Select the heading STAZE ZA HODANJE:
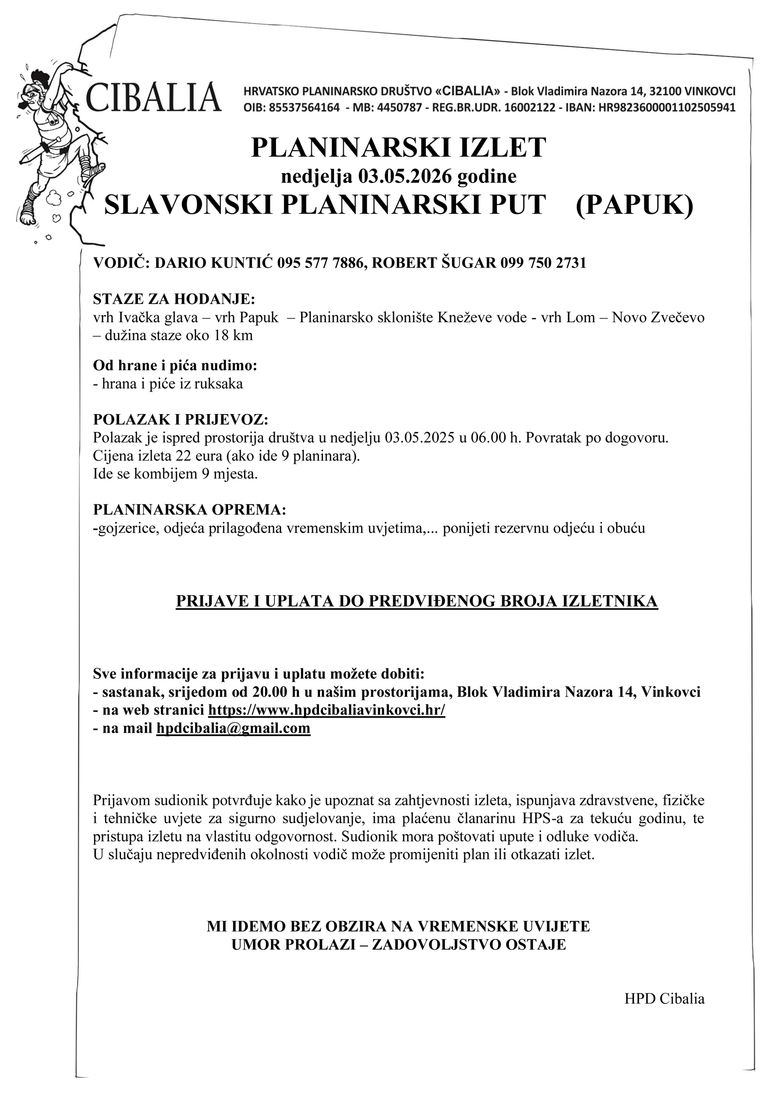click(174, 298)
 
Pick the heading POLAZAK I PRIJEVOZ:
click(180, 419)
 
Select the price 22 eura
click(198, 456)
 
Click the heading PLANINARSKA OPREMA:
click(190, 510)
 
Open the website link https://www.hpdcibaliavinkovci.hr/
click(326, 710)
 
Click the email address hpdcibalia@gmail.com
click(233, 728)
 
